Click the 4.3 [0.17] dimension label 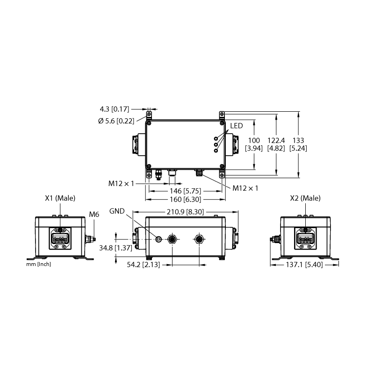114,109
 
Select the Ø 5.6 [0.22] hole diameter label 116,121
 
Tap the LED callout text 237,126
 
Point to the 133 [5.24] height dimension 298,144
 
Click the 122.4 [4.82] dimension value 276,144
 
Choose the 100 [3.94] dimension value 254,144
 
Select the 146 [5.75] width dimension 185,191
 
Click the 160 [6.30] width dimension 185,199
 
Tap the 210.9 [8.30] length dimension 185,212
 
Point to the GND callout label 117,211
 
